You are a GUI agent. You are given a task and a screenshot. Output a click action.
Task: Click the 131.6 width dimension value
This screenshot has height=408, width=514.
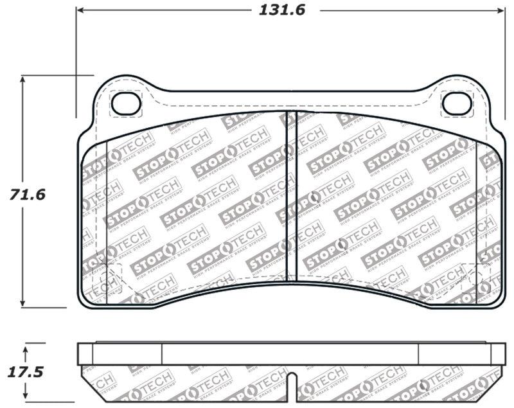(x=281, y=11)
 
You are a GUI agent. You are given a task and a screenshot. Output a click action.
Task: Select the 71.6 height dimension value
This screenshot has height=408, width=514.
(x=27, y=193)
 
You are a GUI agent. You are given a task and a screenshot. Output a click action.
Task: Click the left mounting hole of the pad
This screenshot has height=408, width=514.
(x=126, y=102)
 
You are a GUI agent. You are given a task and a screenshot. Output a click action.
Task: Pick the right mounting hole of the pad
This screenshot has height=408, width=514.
(x=456, y=102)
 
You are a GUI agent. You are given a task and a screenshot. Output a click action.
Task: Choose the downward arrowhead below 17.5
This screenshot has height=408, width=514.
(x=25, y=396)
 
